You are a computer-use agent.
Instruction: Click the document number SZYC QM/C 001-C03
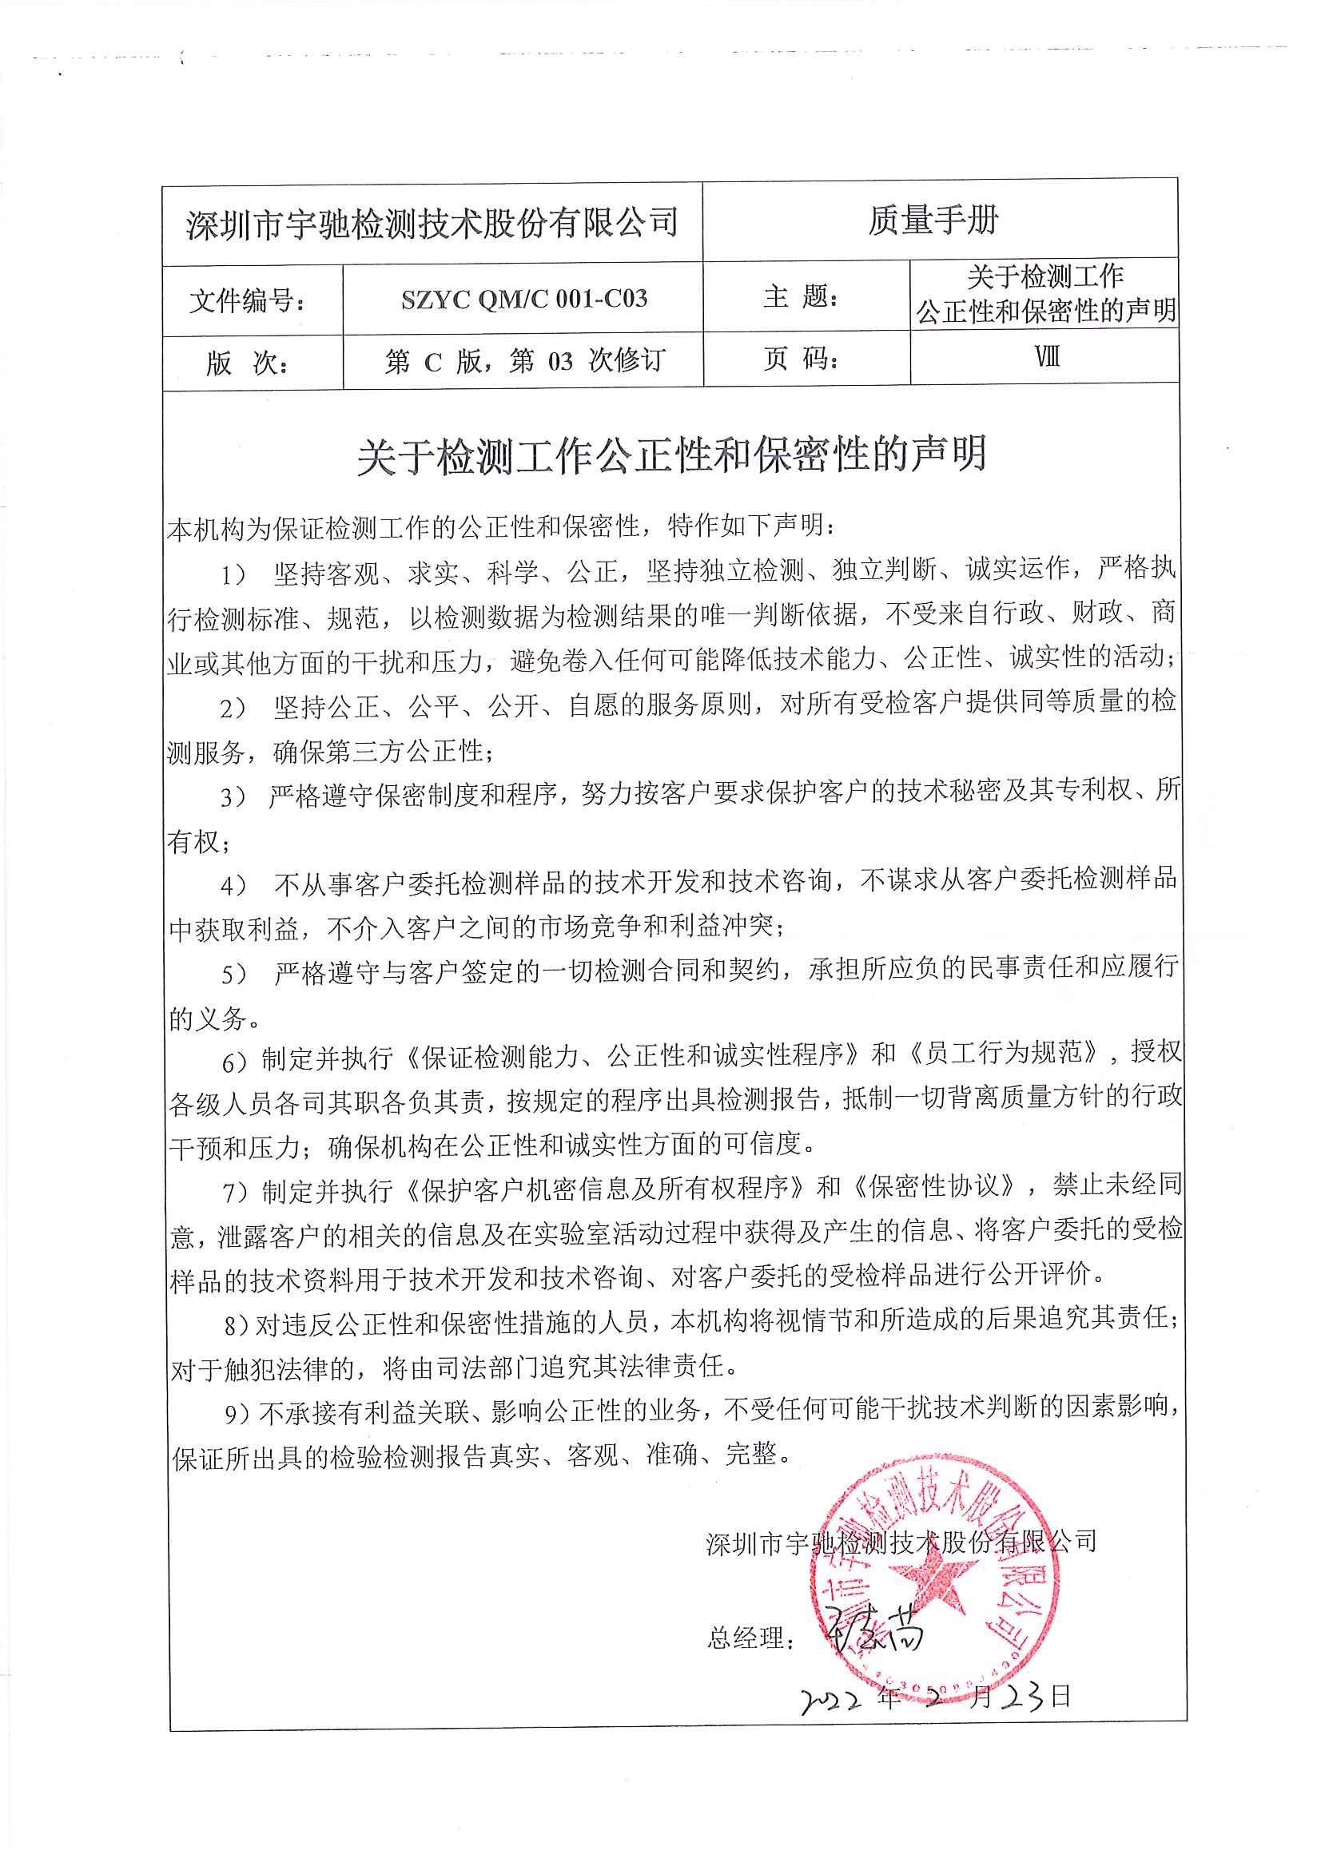pos(523,299)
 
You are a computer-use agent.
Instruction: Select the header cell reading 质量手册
pos(933,220)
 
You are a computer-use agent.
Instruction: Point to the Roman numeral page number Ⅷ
pos(1046,357)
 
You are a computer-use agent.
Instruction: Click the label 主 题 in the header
pos(800,296)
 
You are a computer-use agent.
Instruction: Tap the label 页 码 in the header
pos(800,358)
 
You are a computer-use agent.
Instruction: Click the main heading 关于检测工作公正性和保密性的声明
pos(671,455)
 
